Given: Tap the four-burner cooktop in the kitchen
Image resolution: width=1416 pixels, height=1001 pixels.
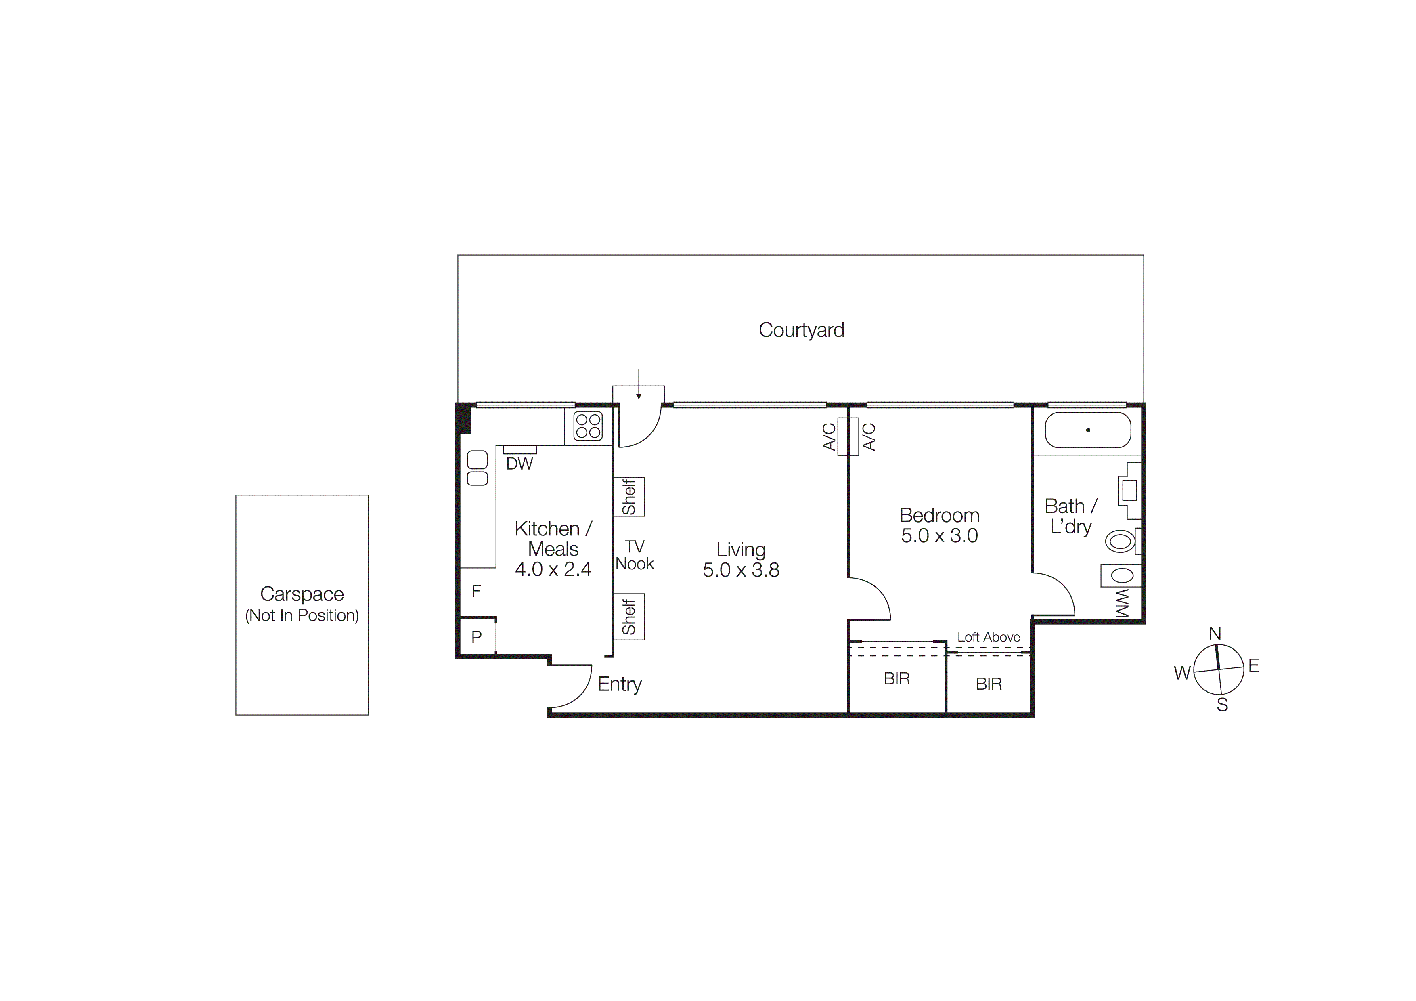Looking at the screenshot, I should click(587, 426).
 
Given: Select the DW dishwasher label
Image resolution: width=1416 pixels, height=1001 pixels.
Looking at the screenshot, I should click(519, 464).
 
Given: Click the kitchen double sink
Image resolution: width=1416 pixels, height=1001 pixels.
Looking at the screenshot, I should click(478, 468).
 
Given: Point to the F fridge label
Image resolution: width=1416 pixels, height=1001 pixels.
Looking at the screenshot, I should click(476, 592).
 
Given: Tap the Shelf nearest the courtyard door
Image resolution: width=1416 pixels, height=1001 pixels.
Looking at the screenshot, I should click(628, 497).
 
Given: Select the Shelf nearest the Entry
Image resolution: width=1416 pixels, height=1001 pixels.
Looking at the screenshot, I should click(628, 617).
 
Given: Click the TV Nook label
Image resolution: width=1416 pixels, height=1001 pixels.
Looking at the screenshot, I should click(635, 555).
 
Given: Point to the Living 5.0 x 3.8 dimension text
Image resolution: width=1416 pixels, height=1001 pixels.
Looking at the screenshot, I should click(741, 570).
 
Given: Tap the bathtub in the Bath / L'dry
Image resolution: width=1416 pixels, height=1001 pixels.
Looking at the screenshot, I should click(1088, 430).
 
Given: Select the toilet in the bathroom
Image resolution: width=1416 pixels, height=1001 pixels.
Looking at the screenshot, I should click(1121, 541).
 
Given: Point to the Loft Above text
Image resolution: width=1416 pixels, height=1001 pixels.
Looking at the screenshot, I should click(989, 637).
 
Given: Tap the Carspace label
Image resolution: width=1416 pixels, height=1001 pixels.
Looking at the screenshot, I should click(302, 594).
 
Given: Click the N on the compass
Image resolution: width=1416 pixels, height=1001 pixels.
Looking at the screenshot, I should click(1214, 634).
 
